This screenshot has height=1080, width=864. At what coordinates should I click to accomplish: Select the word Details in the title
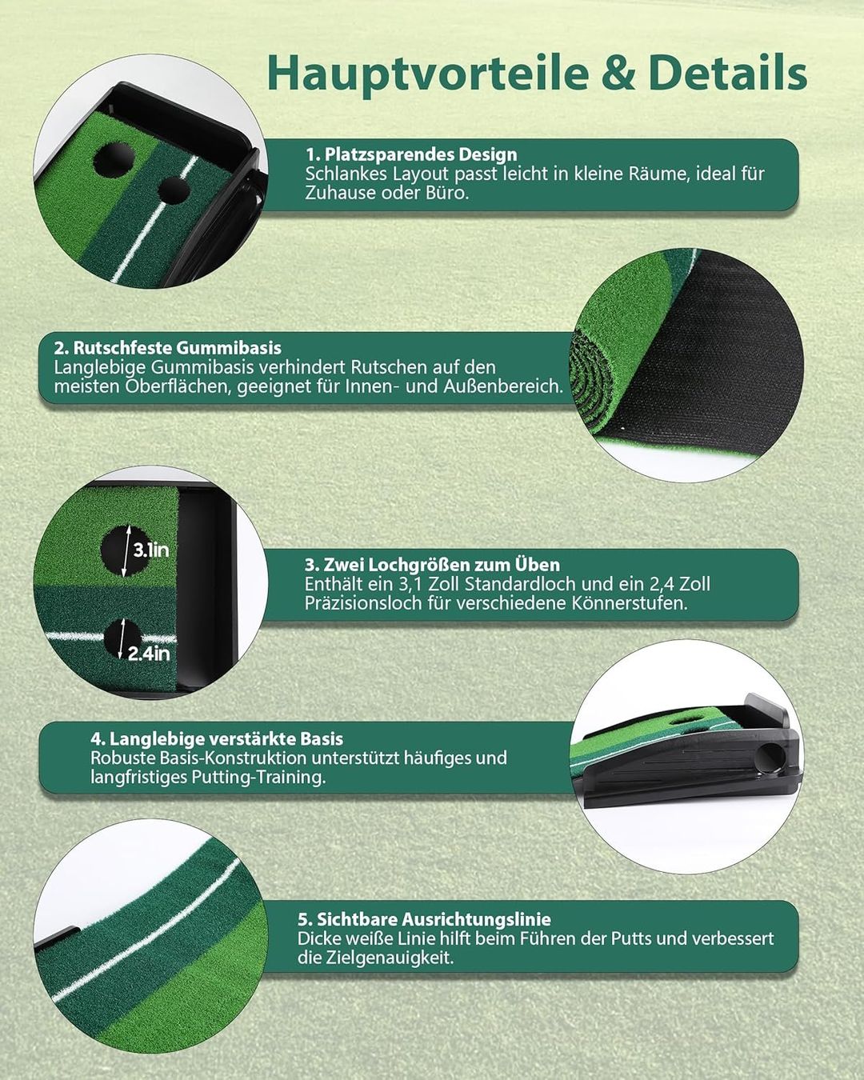coord(729,72)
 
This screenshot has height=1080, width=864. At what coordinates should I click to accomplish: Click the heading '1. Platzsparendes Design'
coord(412,154)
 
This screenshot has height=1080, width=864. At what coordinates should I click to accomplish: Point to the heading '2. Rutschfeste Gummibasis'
coord(167,348)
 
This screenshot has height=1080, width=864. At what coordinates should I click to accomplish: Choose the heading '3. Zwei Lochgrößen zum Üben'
coord(432,565)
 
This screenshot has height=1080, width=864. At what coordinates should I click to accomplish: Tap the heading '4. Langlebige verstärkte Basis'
coord(217,738)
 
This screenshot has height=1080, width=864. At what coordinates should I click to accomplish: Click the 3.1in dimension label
coord(150,550)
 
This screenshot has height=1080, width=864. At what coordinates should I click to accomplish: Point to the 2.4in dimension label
coord(149,654)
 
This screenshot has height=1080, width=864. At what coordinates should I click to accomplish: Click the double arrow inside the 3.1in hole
coord(126,550)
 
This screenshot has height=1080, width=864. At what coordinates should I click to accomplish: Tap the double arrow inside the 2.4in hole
coord(121,638)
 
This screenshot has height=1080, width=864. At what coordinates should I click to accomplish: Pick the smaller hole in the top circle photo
coord(173,190)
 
